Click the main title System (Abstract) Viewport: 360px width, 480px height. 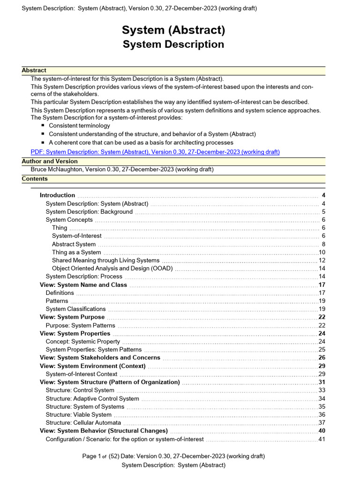pos(173,30)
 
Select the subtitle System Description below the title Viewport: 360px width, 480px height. pos(173,45)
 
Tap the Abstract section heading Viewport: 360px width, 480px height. pos(34,70)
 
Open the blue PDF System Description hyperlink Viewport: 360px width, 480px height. pos(155,152)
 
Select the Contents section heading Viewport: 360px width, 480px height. pos(35,179)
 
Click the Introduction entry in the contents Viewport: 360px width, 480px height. pos(57,195)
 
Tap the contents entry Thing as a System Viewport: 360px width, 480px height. pos(76,252)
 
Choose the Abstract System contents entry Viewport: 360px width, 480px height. pos(74,244)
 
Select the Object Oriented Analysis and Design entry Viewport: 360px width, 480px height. pos(112,269)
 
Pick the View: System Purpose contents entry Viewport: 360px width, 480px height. pos(72,317)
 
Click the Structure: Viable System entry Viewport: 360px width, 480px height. pos(78,414)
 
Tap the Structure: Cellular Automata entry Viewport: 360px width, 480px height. pos(83,422)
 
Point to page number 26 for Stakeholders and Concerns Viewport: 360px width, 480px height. pos(322,358)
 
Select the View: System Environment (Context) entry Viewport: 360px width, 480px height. pos(92,366)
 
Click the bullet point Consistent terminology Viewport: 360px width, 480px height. pos(79,126)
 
